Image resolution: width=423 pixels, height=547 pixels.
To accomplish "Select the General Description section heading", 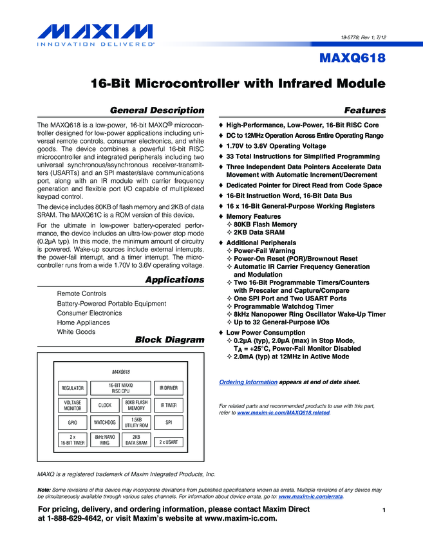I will [x=157, y=111].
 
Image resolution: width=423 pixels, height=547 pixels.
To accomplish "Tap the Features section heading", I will [x=365, y=111].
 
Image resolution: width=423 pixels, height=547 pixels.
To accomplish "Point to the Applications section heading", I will [x=174, y=280].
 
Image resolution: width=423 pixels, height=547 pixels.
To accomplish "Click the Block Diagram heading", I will [x=169, y=340].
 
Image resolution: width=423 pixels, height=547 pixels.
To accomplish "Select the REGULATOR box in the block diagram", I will [x=72, y=388].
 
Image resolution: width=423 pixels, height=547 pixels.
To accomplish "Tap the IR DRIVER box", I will [x=169, y=388].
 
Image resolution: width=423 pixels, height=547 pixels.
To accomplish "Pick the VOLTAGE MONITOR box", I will [x=72, y=405].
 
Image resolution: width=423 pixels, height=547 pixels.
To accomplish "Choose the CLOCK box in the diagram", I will [x=105, y=405].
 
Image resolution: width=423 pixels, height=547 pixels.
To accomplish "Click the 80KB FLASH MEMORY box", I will [x=136, y=405].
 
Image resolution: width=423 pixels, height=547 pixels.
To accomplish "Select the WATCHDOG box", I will [x=105, y=423].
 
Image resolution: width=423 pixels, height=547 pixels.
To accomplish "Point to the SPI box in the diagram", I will [x=169, y=423].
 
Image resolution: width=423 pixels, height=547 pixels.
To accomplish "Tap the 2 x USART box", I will [x=169, y=441].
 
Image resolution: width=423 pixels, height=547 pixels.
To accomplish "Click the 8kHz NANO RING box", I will [x=105, y=440].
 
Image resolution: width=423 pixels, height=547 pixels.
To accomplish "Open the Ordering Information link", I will [x=249, y=382].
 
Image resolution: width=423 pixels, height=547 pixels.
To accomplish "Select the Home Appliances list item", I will [x=84, y=322].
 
